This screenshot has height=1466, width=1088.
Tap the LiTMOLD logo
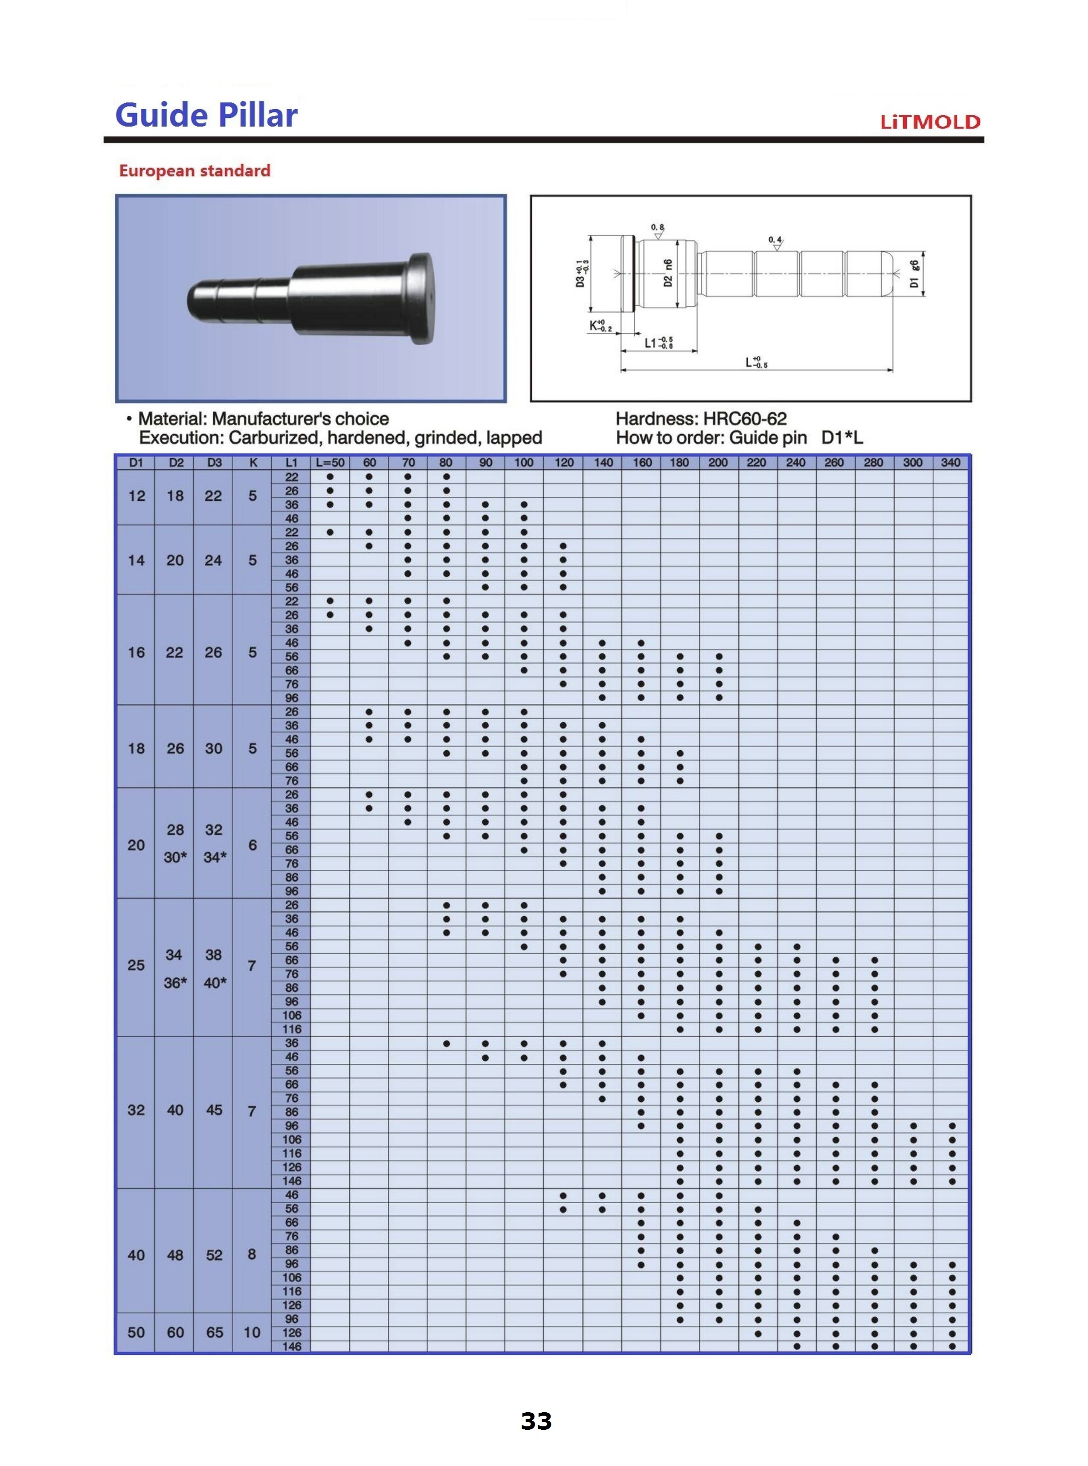pyautogui.click(x=931, y=122)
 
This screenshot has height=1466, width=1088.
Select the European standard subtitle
pyautogui.click(x=195, y=171)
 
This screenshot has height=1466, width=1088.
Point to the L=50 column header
pyautogui.click(x=330, y=462)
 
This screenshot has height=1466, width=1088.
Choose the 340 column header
pyautogui.click(x=951, y=462)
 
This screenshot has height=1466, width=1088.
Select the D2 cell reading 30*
pyautogui.click(x=175, y=857)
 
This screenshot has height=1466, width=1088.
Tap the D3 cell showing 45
pyautogui.click(x=214, y=1110)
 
